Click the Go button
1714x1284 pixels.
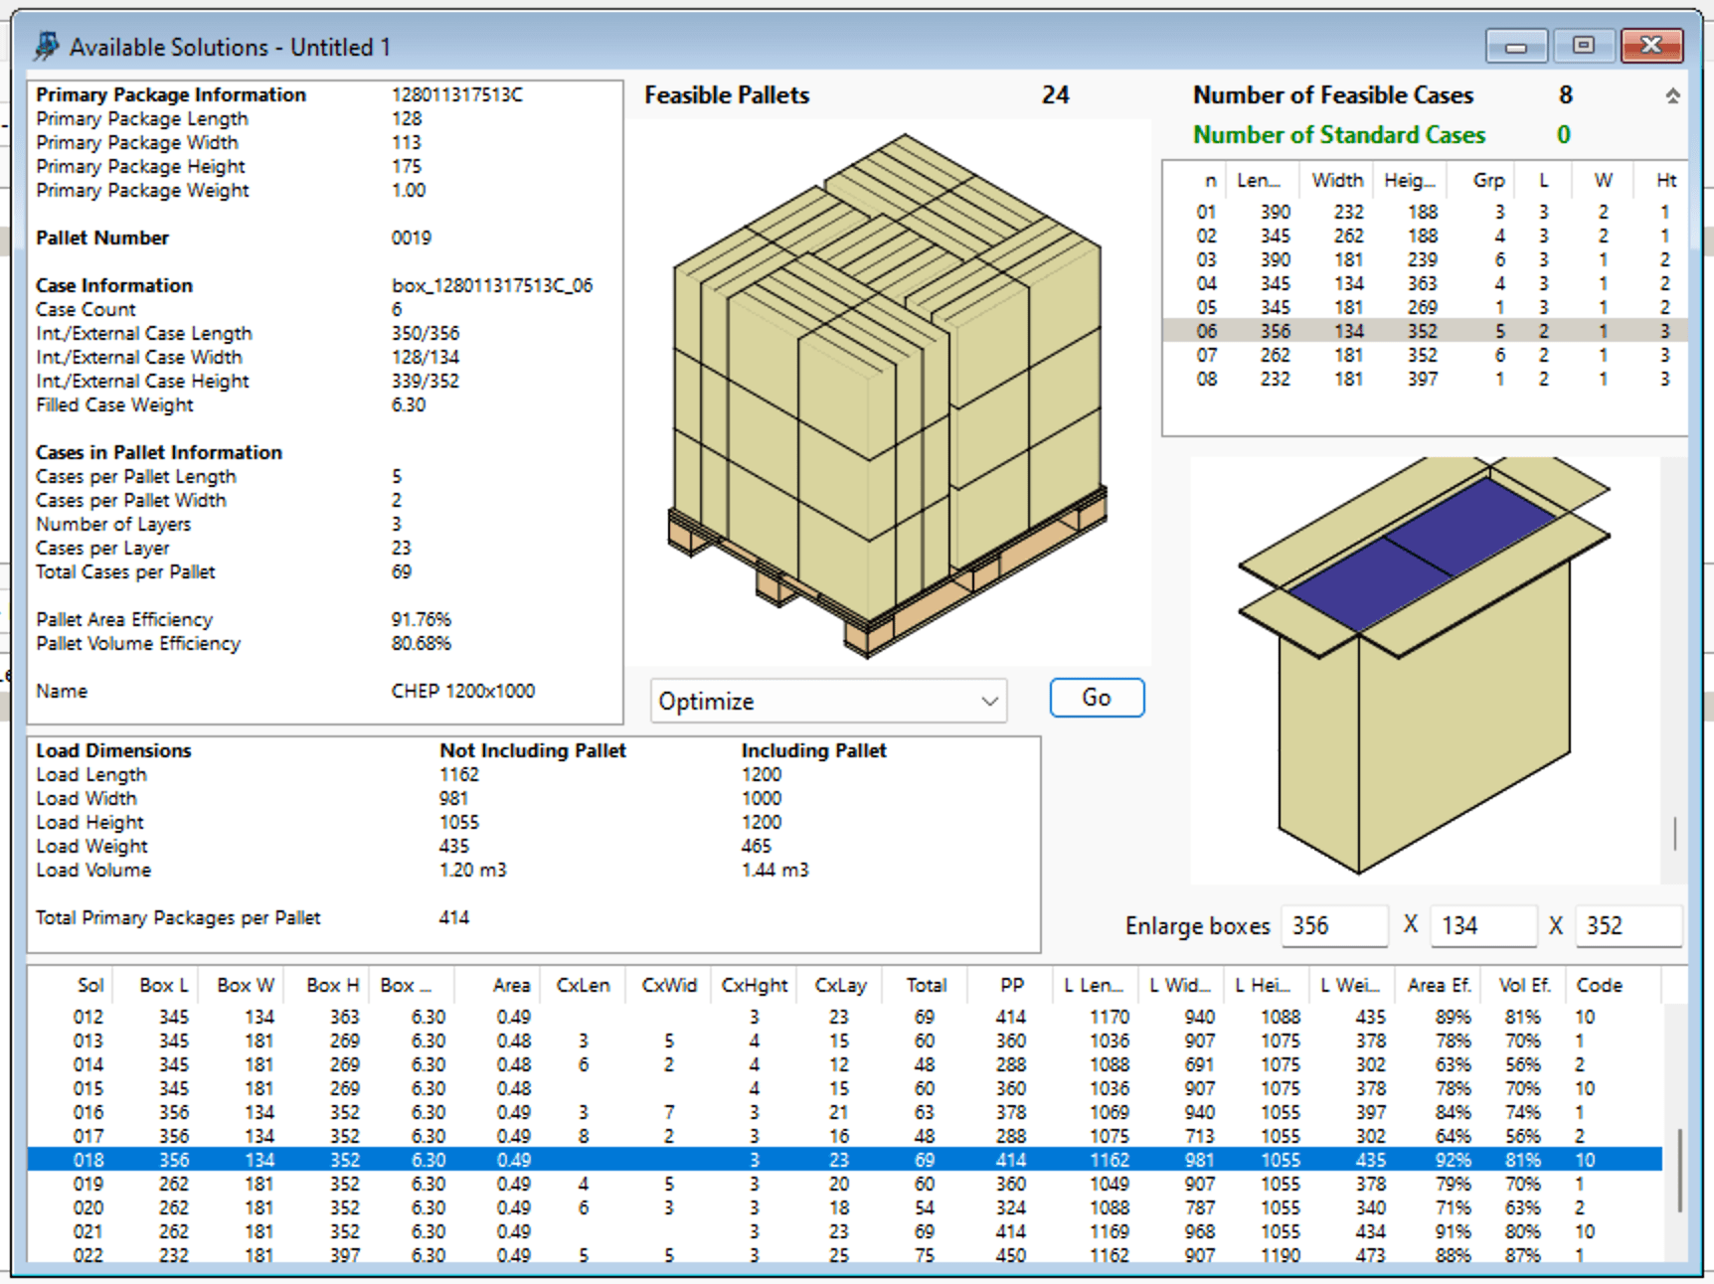point(1097,698)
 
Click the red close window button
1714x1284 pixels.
point(1651,46)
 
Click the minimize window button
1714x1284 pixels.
point(1516,46)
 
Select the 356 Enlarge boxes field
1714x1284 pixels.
point(1333,925)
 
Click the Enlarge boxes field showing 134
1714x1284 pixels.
point(1482,925)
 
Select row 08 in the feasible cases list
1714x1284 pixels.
point(1206,379)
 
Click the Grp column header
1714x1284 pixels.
point(1488,180)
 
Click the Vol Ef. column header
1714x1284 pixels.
point(1524,985)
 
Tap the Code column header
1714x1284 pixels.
point(1599,985)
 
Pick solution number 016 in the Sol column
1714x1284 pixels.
point(87,1112)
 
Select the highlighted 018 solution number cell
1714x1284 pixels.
point(87,1160)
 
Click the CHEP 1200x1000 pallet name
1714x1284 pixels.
point(463,691)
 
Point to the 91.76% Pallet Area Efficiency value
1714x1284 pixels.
point(421,619)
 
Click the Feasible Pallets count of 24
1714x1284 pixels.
point(1055,95)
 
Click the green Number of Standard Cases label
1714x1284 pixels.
point(1338,135)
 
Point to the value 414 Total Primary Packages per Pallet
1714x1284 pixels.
point(453,917)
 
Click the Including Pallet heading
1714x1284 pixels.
point(813,750)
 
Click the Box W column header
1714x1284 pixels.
point(245,985)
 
